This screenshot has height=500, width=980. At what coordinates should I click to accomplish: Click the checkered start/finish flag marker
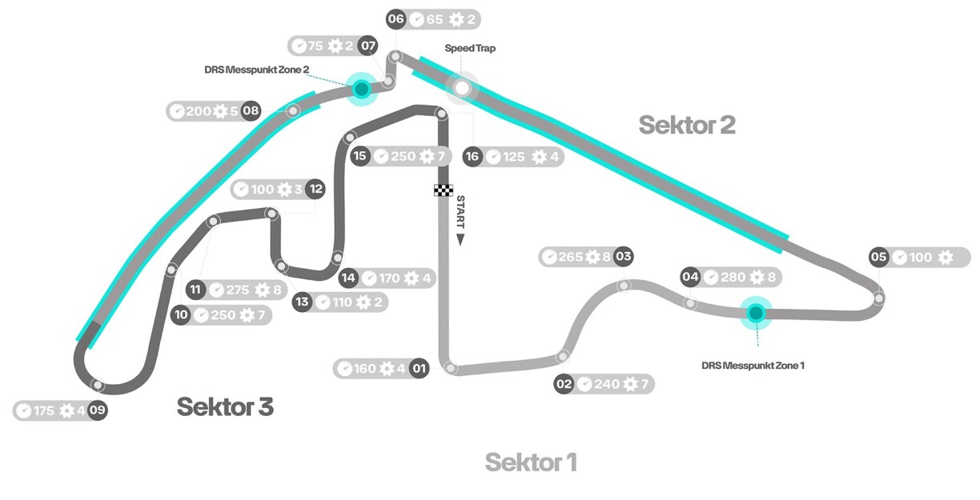tap(444, 190)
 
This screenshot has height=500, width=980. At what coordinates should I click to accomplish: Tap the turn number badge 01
tap(419, 369)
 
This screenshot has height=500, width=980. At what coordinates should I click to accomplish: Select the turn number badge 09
tap(98, 410)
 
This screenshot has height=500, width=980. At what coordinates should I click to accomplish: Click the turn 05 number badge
tap(879, 257)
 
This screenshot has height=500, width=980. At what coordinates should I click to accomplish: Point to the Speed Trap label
tap(470, 49)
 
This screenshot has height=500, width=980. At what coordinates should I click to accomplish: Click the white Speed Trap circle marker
tap(462, 87)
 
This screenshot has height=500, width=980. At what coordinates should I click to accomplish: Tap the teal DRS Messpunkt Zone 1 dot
tap(754, 313)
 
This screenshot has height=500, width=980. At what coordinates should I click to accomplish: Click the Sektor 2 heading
tap(687, 125)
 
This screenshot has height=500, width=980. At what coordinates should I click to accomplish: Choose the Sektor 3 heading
tap(225, 406)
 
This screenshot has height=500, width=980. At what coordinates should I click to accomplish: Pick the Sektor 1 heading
tap(531, 462)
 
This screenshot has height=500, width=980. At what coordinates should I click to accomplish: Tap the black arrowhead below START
tap(460, 238)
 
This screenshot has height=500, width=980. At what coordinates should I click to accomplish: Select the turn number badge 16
tap(472, 156)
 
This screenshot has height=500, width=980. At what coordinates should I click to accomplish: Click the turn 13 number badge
tap(302, 302)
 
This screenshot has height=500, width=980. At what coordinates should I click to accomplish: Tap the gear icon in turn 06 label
tap(456, 20)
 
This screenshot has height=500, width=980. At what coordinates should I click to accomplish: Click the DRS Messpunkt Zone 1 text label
tap(753, 365)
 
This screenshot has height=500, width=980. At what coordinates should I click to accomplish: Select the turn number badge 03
tap(624, 257)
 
